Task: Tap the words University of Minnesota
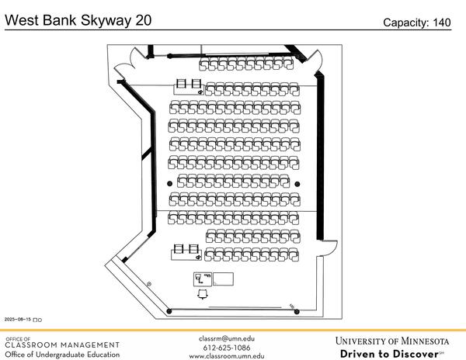coord(392,341)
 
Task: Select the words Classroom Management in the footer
coord(62,345)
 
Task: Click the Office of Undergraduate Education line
coord(62,355)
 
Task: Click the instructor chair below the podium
coord(203,293)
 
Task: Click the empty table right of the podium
coord(224,278)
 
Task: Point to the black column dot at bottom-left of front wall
coord(169,312)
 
